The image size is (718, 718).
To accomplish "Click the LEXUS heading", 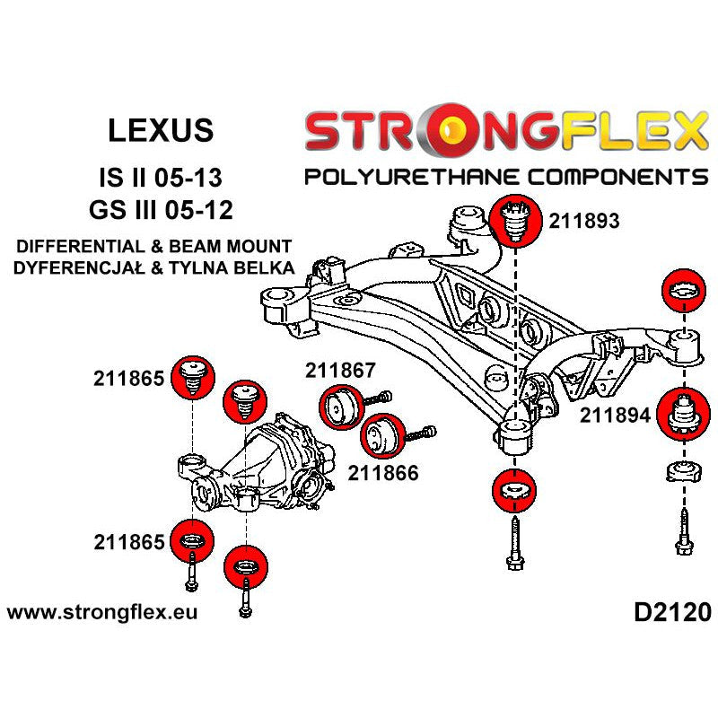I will point(162,130).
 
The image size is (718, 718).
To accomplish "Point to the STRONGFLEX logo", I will point(505,131).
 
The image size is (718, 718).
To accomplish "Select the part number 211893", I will point(584,220).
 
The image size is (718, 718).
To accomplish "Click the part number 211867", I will point(341,370).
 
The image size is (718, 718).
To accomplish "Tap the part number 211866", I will point(384,472).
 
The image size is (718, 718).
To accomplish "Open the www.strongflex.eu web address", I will point(102,614).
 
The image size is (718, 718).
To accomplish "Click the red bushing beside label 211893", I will point(516,219).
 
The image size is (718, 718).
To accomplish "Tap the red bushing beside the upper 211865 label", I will point(190,378).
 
